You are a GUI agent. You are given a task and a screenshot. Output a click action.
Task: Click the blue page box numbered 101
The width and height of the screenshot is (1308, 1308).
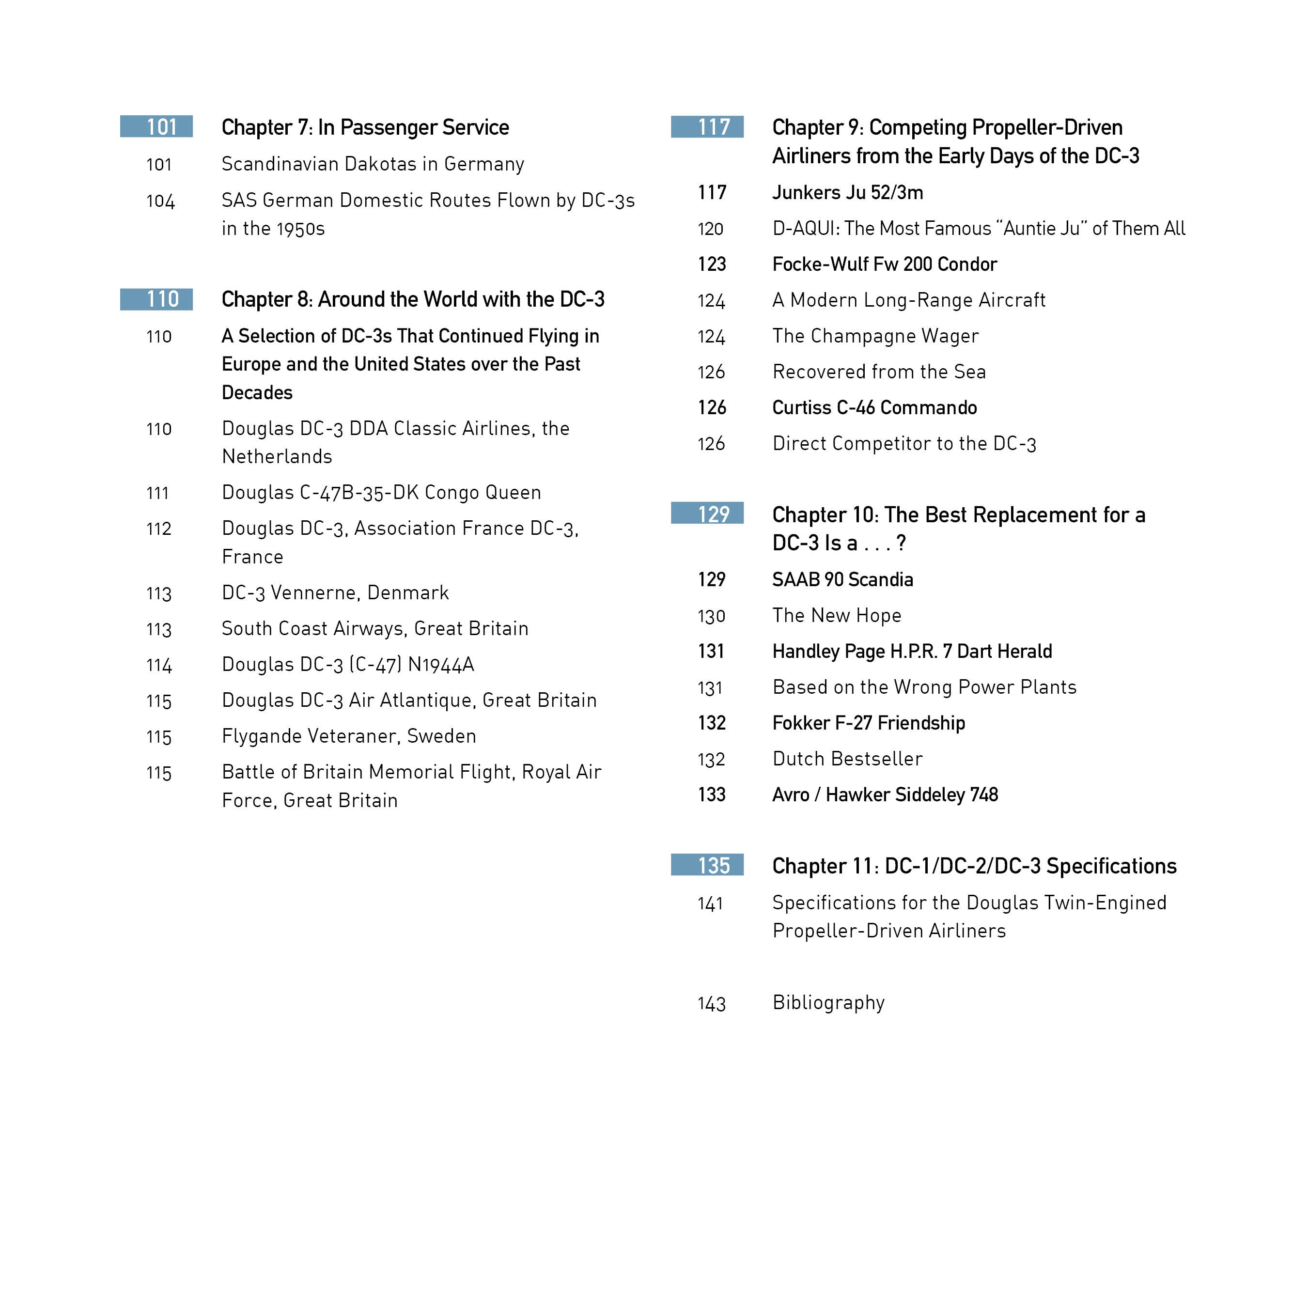click(156, 126)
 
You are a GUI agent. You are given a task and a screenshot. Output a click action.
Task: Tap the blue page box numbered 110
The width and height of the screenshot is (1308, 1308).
click(156, 299)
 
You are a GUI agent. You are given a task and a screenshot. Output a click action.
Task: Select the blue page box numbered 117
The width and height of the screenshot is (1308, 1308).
click(707, 126)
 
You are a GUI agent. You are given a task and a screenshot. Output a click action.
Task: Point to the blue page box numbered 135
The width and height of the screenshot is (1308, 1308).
click(707, 865)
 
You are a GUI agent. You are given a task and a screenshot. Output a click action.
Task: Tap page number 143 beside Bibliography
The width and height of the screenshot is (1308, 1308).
click(711, 1003)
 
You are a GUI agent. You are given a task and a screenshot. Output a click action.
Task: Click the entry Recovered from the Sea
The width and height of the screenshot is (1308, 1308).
click(879, 372)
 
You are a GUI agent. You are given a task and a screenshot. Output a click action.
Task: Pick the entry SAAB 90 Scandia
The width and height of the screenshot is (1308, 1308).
click(842, 579)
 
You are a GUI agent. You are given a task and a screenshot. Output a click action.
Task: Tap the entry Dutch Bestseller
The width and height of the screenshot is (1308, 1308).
click(847, 759)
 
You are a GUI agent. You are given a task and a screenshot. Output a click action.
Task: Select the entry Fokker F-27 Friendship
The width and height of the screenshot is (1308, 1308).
click(868, 723)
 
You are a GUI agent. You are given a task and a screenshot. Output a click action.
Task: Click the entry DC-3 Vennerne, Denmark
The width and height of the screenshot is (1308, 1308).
click(335, 593)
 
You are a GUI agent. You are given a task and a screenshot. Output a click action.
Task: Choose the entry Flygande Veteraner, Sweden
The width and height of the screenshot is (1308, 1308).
click(349, 736)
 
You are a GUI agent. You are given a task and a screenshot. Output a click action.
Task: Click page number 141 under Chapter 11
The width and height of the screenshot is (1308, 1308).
click(710, 904)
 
